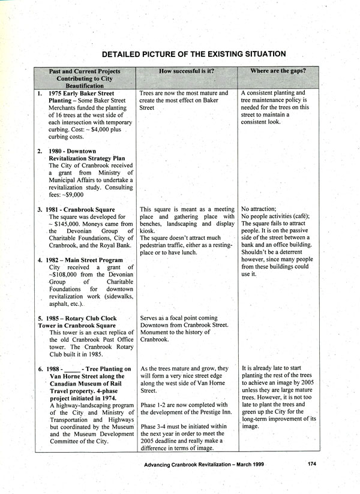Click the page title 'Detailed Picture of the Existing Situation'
[193, 54]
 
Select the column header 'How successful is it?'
[187, 71]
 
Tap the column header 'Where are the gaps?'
[278, 71]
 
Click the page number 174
[311, 463]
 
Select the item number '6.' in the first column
[41, 369]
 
